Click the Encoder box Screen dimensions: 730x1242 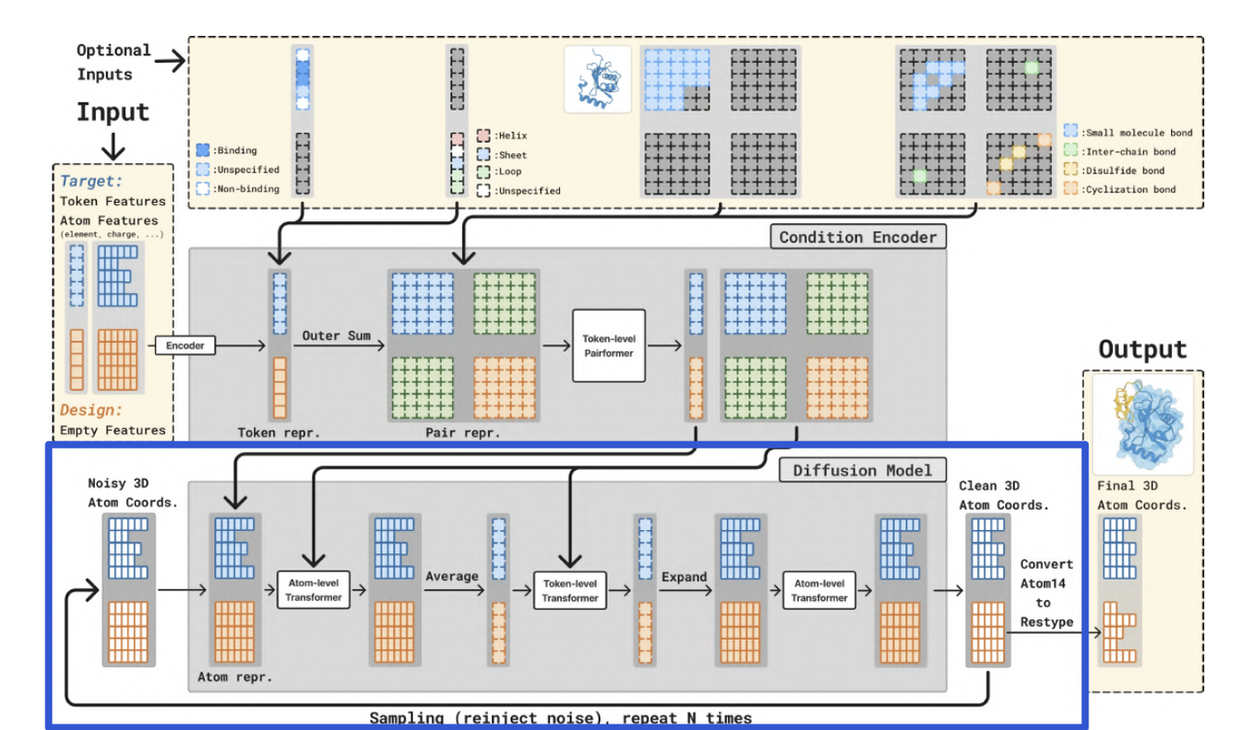coord(185,345)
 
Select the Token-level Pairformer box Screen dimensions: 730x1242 coord(608,347)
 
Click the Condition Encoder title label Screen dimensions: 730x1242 coord(859,236)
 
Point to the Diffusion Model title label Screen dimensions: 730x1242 coord(862,471)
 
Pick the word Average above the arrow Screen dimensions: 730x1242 coord(451,577)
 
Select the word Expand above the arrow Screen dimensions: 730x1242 coord(684,577)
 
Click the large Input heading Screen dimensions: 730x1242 coord(113,113)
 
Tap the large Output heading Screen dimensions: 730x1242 coord(1142,349)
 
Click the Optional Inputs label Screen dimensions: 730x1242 coord(114,62)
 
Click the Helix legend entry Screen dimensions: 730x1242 coord(504,136)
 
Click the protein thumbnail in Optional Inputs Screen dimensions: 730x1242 coord(598,79)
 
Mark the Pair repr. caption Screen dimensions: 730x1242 coord(462,433)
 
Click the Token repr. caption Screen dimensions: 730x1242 coord(278,433)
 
